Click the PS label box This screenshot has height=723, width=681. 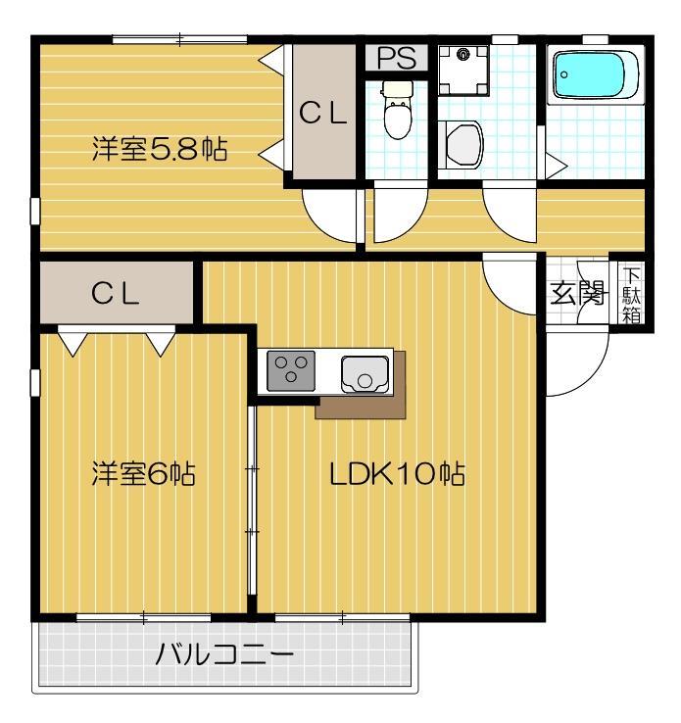[x=397, y=58]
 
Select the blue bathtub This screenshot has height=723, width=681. [x=595, y=75]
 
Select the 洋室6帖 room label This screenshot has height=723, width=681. [x=143, y=474]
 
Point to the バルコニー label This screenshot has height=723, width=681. [x=224, y=654]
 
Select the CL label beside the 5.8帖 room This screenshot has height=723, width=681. [x=323, y=115]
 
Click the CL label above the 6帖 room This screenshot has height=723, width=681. [x=116, y=293]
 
